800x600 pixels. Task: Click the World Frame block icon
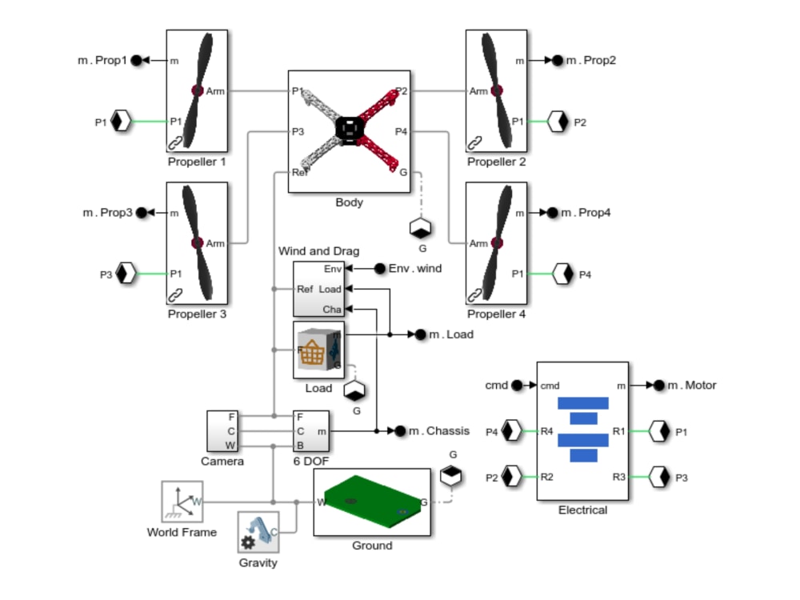click(182, 501)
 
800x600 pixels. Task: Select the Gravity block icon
click(258, 532)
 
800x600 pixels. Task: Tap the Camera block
click(222, 431)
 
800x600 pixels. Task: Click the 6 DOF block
click(311, 431)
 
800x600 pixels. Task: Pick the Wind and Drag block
click(319, 290)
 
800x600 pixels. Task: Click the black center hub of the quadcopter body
click(349, 130)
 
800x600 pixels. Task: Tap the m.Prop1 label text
click(102, 60)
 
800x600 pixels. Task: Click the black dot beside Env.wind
click(380, 268)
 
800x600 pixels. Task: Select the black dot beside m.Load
click(421, 334)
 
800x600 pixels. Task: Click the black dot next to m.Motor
click(659, 386)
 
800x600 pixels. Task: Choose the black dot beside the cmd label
click(517, 386)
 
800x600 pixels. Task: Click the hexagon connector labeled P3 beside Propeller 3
click(126, 274)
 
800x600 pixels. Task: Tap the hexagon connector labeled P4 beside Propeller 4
click(562, 274)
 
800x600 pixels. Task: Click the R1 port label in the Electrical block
click(618, 432)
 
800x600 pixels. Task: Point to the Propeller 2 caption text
click(496, 162)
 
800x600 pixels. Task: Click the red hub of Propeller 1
click(198, 91)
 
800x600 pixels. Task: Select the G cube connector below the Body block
click(421, 228)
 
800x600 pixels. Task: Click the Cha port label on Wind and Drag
click(332, 309)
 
